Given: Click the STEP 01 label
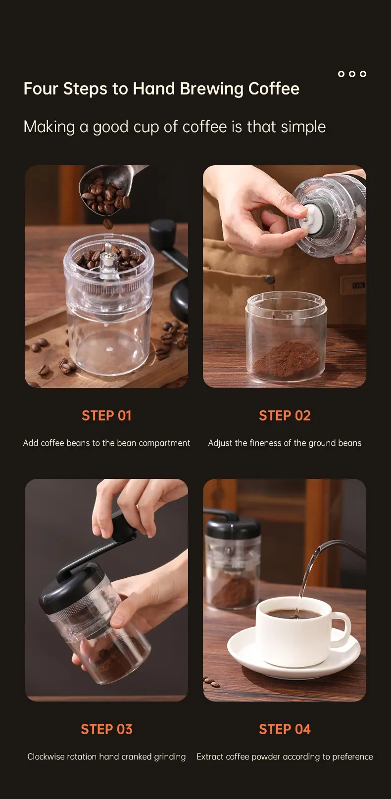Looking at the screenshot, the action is click(106, 416).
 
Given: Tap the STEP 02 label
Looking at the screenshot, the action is click(285, 416).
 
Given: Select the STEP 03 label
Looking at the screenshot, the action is click(106, 729).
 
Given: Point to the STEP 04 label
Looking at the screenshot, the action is click(285, 729).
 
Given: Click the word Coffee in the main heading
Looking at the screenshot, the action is click(274, 89).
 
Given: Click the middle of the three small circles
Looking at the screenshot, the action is click(352, 74).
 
